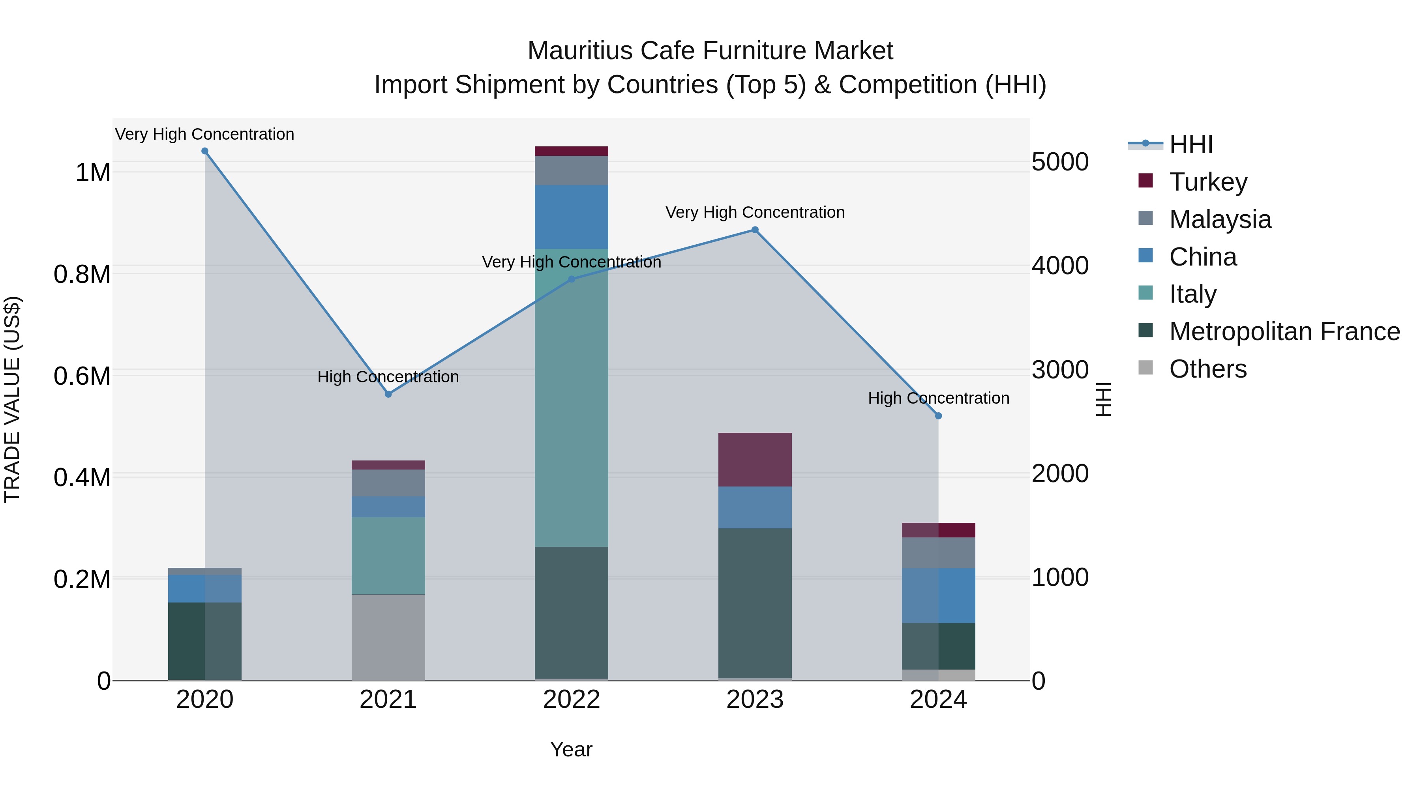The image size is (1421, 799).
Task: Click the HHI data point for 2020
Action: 204,151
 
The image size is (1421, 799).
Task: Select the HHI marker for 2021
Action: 388,394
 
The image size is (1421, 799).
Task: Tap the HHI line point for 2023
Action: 755,230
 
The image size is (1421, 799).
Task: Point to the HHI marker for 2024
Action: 938,416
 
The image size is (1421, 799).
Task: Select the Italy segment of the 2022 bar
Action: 572,397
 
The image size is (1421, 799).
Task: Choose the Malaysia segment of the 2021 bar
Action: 388,483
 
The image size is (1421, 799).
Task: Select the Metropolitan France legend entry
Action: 1284,331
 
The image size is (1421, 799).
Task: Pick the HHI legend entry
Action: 1190,144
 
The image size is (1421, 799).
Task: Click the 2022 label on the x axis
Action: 572,700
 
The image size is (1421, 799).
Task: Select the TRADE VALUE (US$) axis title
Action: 12,399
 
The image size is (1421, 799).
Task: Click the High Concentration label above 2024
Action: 938,398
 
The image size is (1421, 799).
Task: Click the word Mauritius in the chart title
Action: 580,51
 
